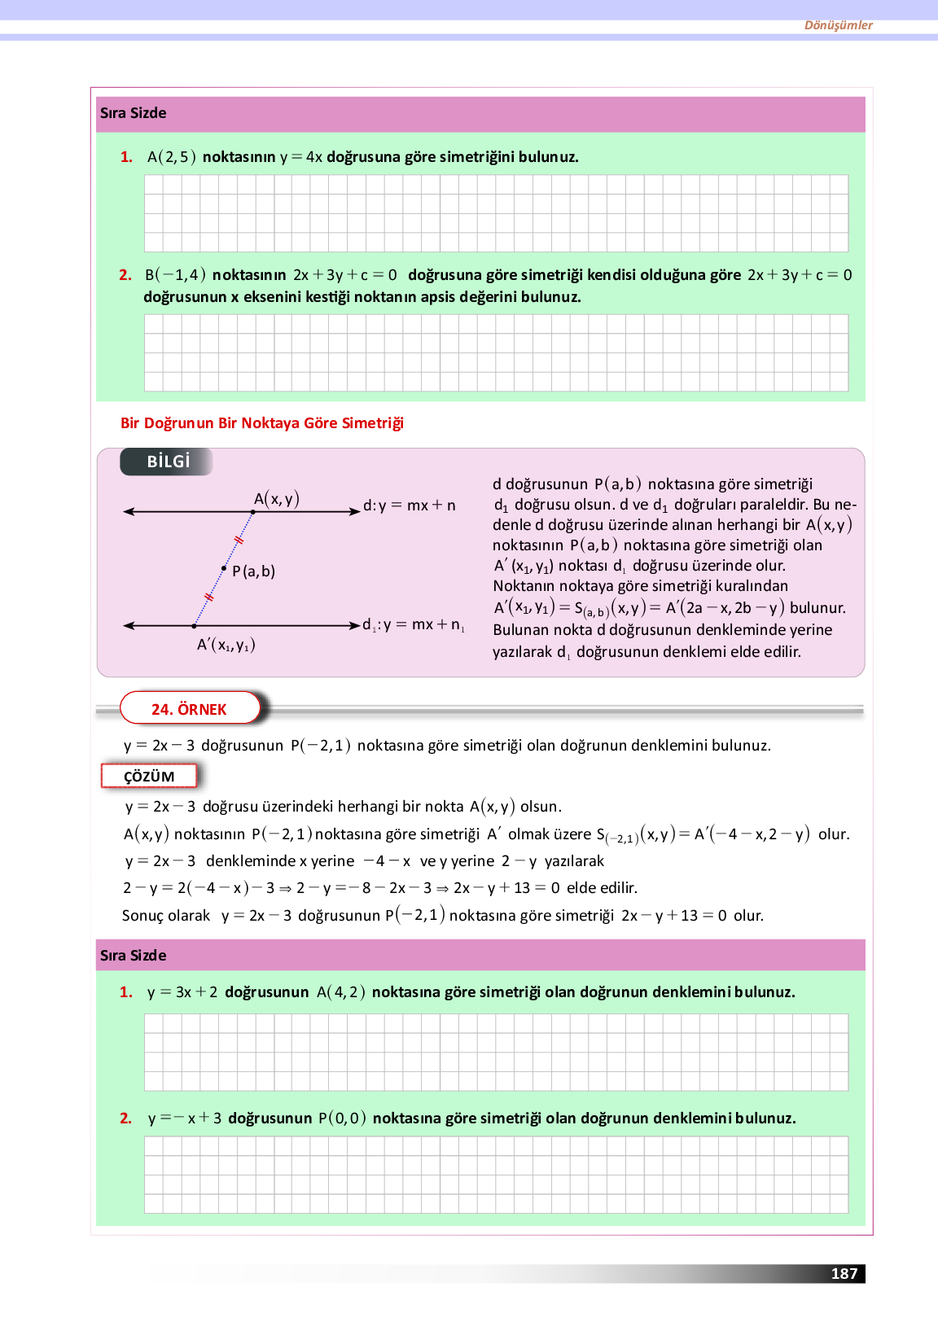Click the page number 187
[x=844, y=1273]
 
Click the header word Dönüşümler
[x=838, y=25]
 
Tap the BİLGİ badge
[x=168, y=462]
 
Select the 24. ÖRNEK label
[x=189, y=709]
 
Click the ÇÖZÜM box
[x=149, y=776]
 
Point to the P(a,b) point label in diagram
[x=254, y=571]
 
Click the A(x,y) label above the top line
[x=277, y=498]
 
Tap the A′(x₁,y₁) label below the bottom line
[x=226, y=645]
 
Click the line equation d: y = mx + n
[x=410, y=506]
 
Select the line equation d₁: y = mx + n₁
[x=414, y=625]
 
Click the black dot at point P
[x=224, y=568]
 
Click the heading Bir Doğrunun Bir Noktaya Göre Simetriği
[x=262, y=422]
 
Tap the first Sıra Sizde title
[x=133, y=113]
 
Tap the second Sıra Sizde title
[x=133, y=955]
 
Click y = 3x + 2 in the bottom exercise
[x=182, y=992]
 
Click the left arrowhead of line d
[x=128, y=511]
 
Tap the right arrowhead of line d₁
[x=354, y=625]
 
